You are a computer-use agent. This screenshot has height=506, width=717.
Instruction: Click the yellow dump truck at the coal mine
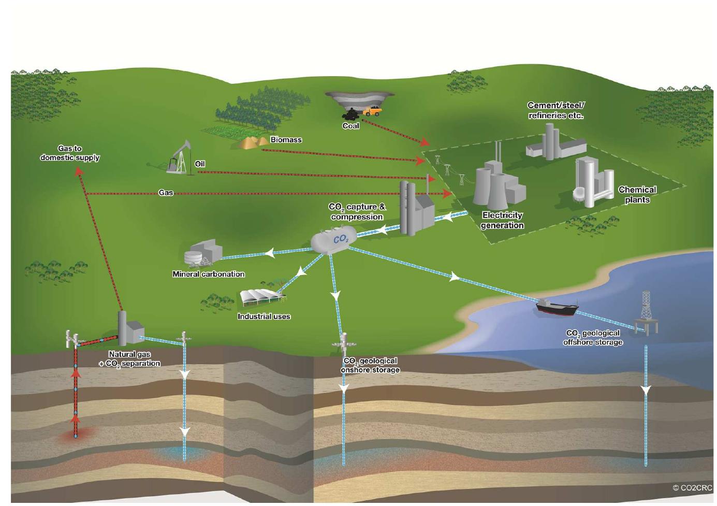pos(372,111)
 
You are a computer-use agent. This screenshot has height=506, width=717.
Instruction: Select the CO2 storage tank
pos(330,240)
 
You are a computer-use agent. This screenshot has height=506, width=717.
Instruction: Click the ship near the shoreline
pos(557,307)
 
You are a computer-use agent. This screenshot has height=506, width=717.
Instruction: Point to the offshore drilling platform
pos(647,313)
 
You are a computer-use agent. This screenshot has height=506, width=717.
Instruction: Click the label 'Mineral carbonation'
pos(209,274)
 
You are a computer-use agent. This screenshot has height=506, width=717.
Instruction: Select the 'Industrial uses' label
pos(264,316)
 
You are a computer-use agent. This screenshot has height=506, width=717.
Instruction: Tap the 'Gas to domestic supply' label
pos(70,153)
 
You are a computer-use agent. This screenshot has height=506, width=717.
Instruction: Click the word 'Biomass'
pos(286,140)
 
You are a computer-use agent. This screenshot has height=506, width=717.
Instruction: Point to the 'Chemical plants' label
pos(637,195)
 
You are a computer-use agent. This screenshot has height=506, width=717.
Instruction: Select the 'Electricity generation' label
pos(502,220)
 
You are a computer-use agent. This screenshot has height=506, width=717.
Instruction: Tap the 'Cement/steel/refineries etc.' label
pos(556,110)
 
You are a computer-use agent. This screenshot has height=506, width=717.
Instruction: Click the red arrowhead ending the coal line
pos(425,141)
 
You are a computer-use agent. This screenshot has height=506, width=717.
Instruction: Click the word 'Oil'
pos(200,164)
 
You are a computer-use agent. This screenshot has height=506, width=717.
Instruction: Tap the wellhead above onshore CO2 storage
pos(344,344)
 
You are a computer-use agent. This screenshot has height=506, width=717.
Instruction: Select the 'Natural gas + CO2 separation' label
pos(129,359)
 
